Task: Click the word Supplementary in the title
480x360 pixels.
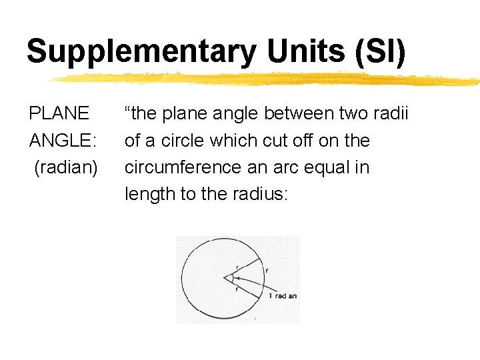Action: (x=140, y=52)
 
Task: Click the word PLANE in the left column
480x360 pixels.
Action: (x=59, y=113)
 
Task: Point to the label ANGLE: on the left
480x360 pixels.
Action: (x=63, y=141)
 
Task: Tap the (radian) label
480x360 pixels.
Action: (x=66, y=167)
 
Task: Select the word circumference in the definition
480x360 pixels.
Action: (x=183, y=167)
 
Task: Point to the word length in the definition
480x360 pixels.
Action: (x=147, y=195)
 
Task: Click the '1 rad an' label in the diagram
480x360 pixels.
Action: (x=282, y=296)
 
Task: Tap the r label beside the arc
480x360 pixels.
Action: (x=267, y=271)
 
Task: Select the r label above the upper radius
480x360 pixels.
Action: (x=237, y=266)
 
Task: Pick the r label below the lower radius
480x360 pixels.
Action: (x=236, y=289)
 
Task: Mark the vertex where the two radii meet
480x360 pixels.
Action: (x=225, y=277)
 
